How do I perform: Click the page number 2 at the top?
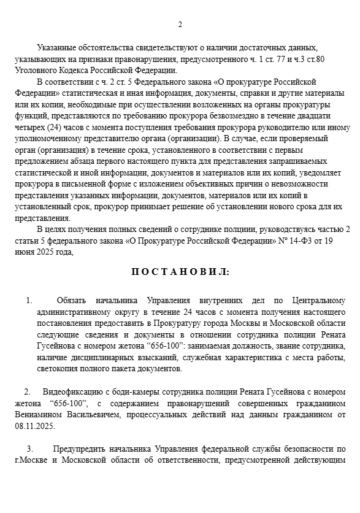click(180, 25)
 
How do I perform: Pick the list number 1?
click(28, 301)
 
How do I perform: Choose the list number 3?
click(28, 449)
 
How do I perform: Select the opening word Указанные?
click(56, 48)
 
